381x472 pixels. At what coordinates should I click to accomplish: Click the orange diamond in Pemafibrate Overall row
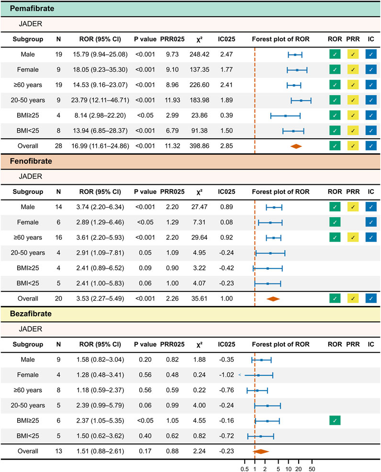pyautogui.click(x=296, y=146)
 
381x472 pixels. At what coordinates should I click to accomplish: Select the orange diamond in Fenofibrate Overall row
pyautogui.click(x=273, y=299)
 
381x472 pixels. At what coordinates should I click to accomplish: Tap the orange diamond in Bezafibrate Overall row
pyautogui.click(x=261, y=451)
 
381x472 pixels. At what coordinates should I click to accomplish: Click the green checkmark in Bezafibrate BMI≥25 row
pyautogui.click(x=335, y=420)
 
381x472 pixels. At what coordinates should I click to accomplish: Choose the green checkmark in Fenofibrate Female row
pyautogui.click(x=335, y=222)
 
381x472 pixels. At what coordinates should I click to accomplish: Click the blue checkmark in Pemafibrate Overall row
pyautogui.click(x=371, y=146)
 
